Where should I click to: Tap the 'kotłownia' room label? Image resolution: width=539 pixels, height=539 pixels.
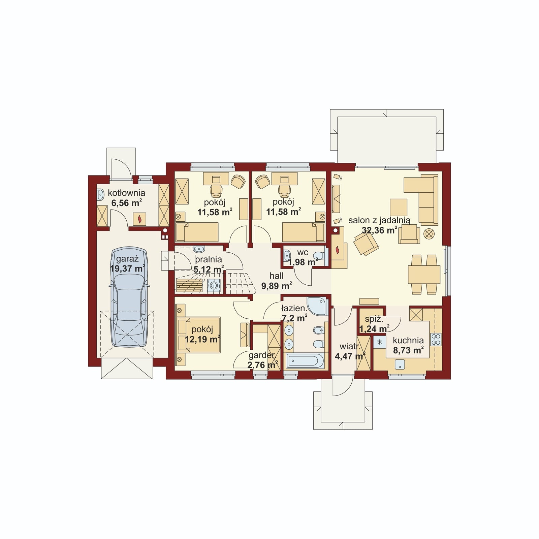pyautogui.click(x=126, y=193)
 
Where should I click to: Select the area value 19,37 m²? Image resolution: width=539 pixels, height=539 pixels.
pyautogui.click(x=127, y=268)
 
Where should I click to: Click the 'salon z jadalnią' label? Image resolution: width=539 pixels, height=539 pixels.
pyautogui.click(x=379, y=221)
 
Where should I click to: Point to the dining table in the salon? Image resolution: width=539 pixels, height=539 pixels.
pyautogui.click(x=424, y=275)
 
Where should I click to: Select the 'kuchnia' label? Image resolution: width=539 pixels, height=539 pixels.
pyautogui.click(x=408, y=340)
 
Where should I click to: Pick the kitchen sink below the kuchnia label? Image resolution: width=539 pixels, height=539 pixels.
pyautogui.click(x=400, y=364)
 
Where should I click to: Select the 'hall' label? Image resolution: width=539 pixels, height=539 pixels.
pyautogui.click(x=277, y=276)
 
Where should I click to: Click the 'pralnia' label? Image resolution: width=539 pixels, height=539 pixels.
pyautogui.click(x=209, y=259)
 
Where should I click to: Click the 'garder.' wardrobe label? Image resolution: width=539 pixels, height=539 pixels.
pyautogui.click(x=262, y=355)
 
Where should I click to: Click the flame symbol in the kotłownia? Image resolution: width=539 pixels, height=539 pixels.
pyautogui.click(x=139, y=219)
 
